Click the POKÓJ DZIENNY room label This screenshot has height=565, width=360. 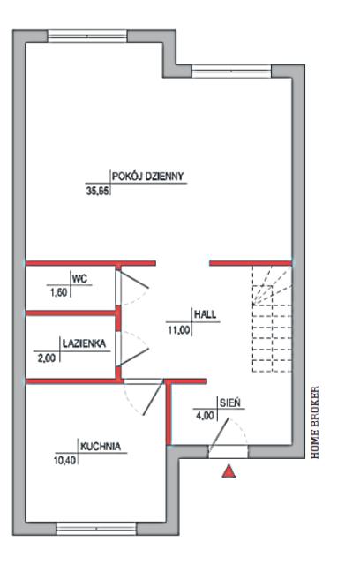click(x=147, y=177)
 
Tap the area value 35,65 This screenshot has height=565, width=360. click(x=97, y=191)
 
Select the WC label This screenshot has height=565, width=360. click(x=79, y=279)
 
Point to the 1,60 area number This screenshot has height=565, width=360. click(x=57, y=292)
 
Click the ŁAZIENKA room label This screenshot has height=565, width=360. click(x=84, y=343)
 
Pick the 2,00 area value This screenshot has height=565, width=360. click(x=47, y=358)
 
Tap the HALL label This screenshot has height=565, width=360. click(x=206, y=314)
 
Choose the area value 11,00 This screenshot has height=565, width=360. click(x=179, y=329)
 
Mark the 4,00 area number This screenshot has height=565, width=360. click(x=205, y=416)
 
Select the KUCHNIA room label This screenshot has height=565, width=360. click(x=101, y=447)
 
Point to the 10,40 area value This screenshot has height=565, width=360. click(x=65, y=461)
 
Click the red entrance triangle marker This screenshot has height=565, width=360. click(x=229, y=471)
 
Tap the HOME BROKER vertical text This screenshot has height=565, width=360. click(x=315, y=423)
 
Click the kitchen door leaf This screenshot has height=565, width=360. click(x=153, y=398)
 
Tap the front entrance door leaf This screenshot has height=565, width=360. click(x=219, y=434)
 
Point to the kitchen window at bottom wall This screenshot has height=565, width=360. click(x=96, y=529)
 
